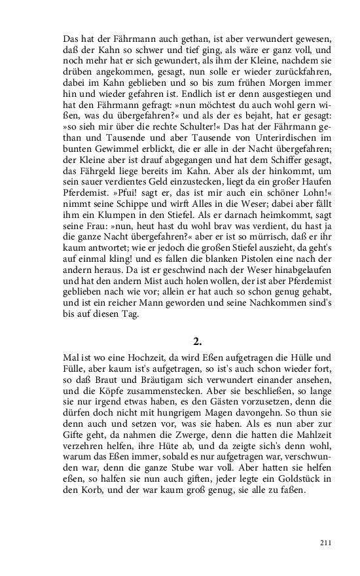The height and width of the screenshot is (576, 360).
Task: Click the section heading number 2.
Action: click(x=197, y=341)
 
